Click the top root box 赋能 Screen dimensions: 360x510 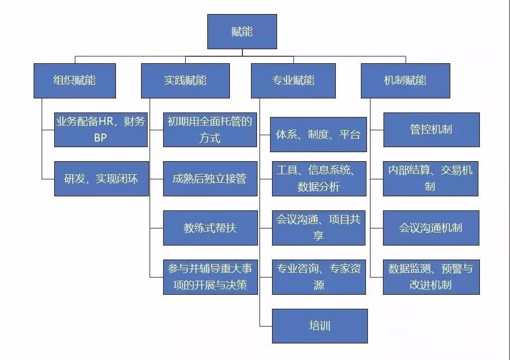point(242,31)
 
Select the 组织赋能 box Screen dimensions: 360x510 point(74,80)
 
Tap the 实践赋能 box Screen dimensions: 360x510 point(185,80)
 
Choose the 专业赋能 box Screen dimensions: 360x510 point(293,80)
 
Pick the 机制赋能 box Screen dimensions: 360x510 point(405,80)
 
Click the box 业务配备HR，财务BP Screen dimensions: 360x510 point(101,130)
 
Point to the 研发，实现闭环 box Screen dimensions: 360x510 point(101,178)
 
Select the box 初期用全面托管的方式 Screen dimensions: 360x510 point(210,130)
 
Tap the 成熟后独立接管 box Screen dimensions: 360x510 point(210,178)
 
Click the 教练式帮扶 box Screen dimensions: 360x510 point(210,227)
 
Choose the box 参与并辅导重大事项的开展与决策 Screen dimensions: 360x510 point(210,277)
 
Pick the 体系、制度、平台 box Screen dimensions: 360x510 point(318,135)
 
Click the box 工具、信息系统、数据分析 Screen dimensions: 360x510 point(319,178)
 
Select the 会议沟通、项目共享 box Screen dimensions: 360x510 point(318,227)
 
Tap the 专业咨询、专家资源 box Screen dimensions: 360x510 point(319,277)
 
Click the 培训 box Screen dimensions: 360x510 point(320,326)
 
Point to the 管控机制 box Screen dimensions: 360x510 point(431,130)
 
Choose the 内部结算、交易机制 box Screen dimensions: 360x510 point(430,178)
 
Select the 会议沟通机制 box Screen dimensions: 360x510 point(431,227)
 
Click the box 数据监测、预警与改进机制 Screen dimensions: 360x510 point(431,277)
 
